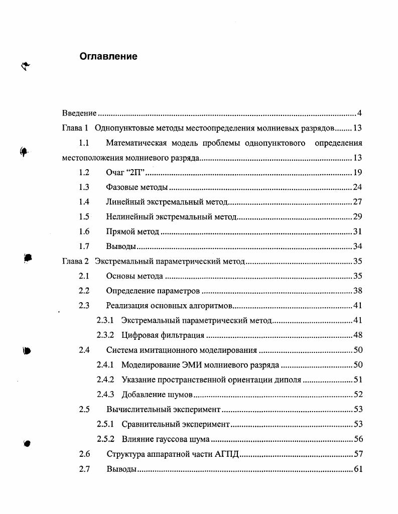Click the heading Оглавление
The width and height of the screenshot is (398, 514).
(x=108, y=57)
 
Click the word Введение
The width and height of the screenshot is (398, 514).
(x=79, y=113)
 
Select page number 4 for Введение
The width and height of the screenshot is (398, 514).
(x=360, y=113)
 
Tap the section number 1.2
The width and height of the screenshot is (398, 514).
(x=84, y=173)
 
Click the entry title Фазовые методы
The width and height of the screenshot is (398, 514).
(x=137, y=188)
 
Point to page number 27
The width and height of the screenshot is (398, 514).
(x=358, y=202)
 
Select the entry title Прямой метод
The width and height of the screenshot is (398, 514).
(x=132, y=232)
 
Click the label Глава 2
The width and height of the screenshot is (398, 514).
(x=75, y=262)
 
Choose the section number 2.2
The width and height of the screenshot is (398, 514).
(x=84, y=291)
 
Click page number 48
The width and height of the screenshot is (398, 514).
(x=358, y=335)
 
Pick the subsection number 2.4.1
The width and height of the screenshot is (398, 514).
(x=105, y=365)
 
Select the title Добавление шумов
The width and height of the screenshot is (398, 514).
(x=157, y=395)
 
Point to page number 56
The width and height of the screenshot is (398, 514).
(x=358, y=439)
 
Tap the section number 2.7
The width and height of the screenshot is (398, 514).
(x=84, y=469)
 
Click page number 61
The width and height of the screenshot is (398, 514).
(x=358, y=469)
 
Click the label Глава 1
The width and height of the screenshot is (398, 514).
(x=75, y=128)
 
